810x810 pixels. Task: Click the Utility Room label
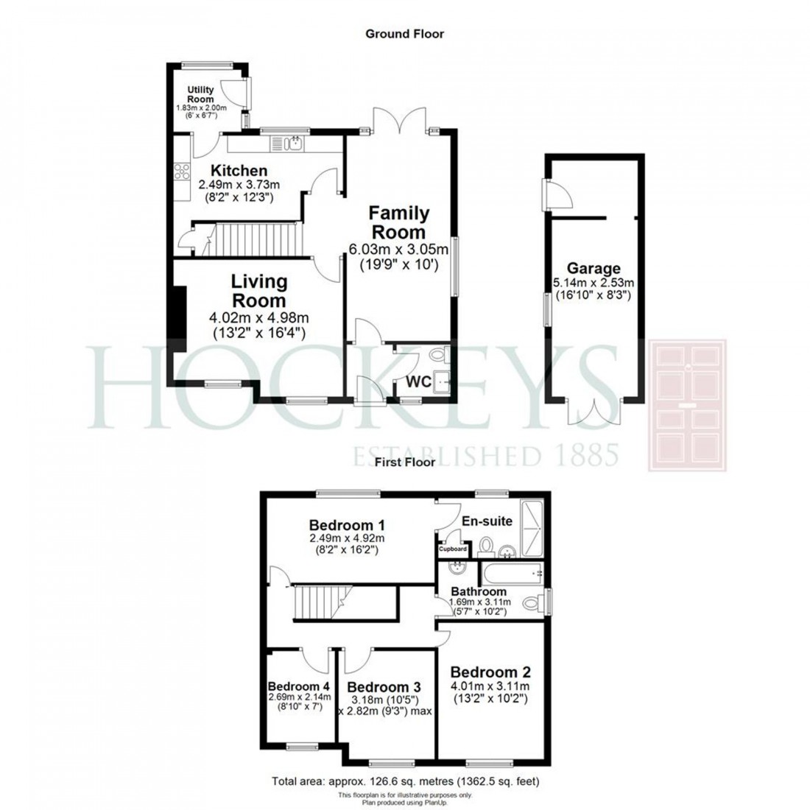[200, 94]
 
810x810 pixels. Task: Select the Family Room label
[398, 222]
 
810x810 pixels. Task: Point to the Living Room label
[258, 291]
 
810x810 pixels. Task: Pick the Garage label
[594, 269]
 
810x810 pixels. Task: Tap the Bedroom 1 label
[347, 526]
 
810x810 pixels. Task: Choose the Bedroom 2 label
[490, 672]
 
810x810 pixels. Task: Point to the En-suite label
[487, 521]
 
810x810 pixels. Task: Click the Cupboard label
[454, 549]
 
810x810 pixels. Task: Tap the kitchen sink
[295, 142]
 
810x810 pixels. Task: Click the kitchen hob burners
[180, 172]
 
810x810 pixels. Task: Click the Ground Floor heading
[405, 33]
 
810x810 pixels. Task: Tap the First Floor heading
[404, 462]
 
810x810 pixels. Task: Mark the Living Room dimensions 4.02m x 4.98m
[258, 319]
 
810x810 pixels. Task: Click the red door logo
[686, 405]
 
